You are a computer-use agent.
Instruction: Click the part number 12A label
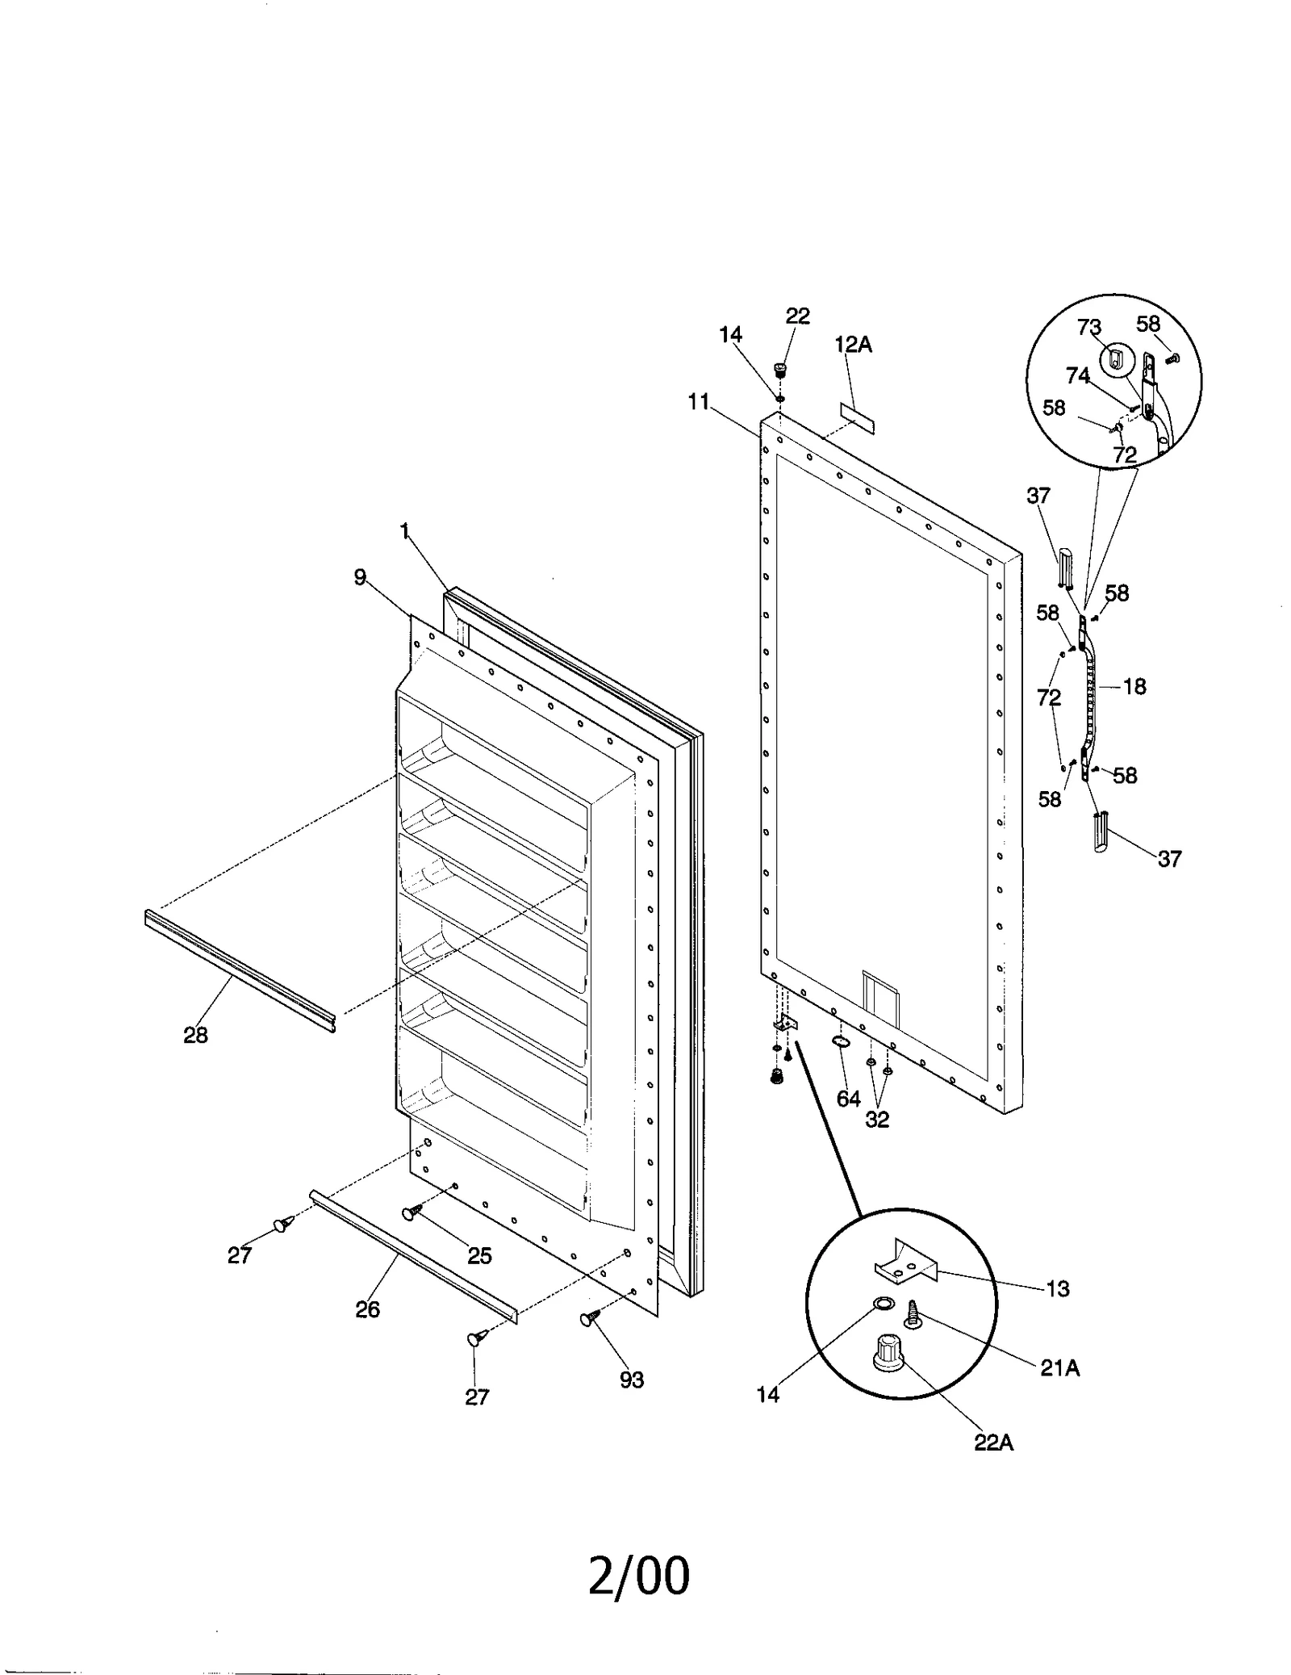tap(853, 345)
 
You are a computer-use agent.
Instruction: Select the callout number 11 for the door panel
tap(698, 401)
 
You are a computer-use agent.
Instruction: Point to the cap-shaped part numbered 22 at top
tap(779, 370)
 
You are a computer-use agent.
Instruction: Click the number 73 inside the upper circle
tap(1088, 327)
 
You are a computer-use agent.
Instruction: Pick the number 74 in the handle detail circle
tap(1077, 375)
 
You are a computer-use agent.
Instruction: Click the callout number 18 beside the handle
tap(1134, 686)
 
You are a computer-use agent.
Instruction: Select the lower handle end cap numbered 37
tap(1101, 832)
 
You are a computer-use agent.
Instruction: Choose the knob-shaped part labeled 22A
tap(888, 1350)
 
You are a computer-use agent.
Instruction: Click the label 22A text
tap(993, 1443)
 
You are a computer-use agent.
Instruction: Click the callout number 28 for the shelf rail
tap(195, 1034)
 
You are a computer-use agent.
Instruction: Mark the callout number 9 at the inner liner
tap(360, 577)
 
